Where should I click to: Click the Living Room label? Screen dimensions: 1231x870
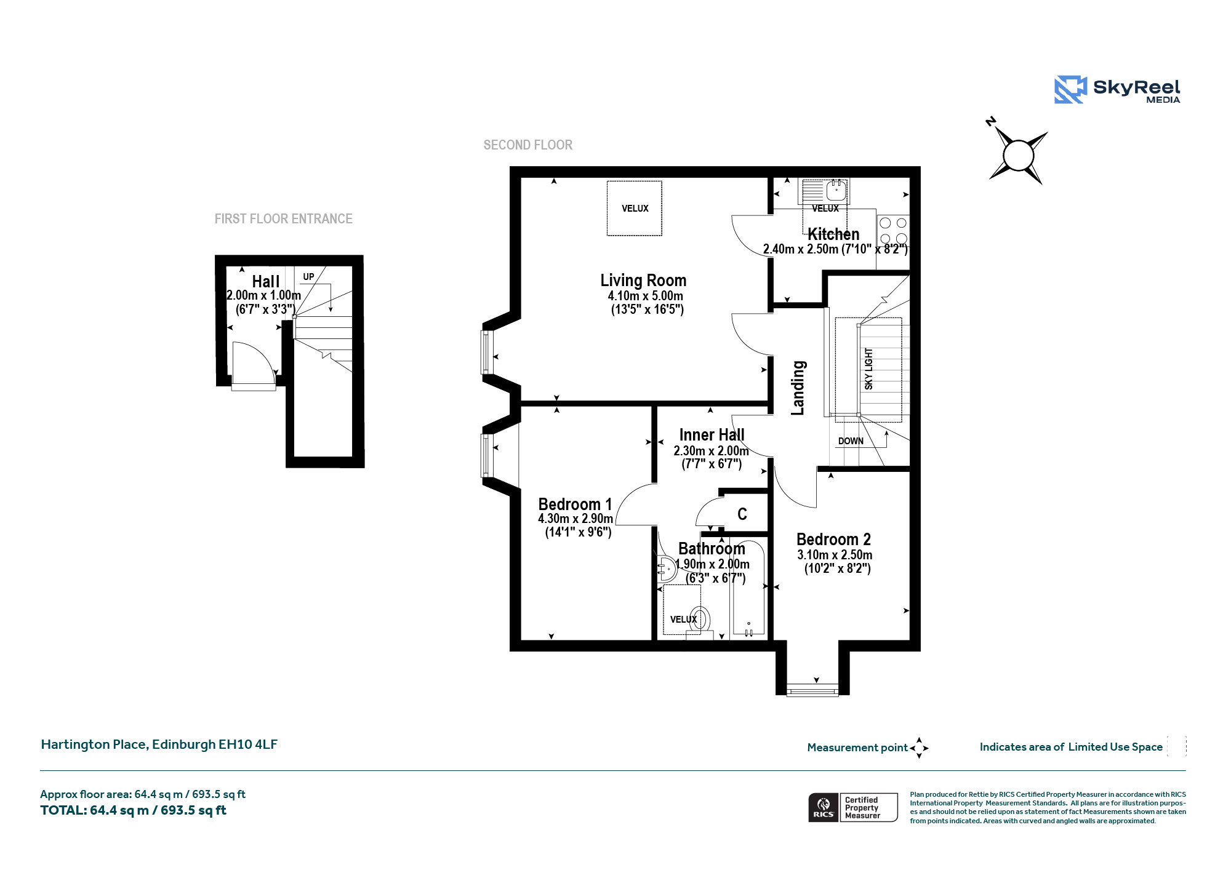click(643, 281)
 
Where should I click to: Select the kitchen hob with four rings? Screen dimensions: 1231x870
click(893, 231)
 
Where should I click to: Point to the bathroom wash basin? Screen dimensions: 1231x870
click(666, 569)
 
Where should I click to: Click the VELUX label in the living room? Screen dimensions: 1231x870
click(635, 209)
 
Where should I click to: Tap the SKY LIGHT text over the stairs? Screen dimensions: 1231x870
click(868, 369)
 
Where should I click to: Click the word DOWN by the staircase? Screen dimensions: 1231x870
click(851, 441)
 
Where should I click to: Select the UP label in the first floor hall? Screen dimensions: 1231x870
click(308, 277)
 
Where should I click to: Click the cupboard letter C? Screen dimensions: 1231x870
click(742, 514)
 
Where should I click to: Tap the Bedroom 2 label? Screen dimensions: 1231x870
click(833, 540)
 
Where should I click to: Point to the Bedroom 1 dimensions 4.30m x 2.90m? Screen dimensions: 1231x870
click(575, 519)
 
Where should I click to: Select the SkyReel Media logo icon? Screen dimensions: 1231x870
click(1071, 90)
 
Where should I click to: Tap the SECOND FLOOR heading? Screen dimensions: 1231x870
click(528, 145)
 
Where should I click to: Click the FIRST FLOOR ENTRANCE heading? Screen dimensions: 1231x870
click(284, 219)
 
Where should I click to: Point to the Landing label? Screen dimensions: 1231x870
click(798, 388)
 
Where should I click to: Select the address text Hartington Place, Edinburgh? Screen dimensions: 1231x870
click(159, 744)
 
